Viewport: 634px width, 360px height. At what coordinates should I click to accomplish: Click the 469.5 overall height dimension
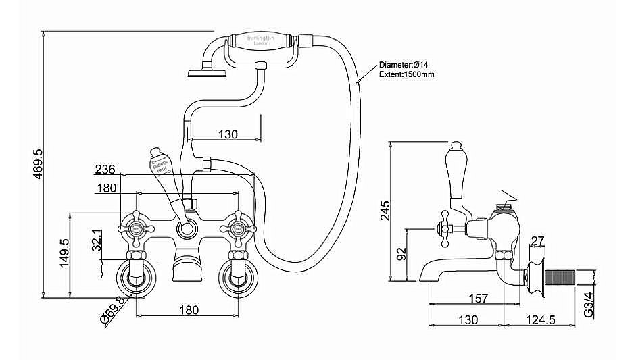coord(37,163)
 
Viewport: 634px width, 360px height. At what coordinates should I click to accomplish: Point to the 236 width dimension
coord(105,170)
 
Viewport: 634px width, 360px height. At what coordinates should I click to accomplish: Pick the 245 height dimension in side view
coord(385,210)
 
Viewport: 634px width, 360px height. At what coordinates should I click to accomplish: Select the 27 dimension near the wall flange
coord(538,241)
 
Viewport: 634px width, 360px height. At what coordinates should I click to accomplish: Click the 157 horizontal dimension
coord(479,298)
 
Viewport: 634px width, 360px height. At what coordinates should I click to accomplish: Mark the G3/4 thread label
coord(589,305)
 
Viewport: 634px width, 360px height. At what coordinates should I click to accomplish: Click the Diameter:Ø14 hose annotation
coord(404,64)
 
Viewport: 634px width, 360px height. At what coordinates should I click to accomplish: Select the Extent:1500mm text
coord(407,74)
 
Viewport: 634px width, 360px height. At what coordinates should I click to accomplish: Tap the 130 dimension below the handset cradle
coord(228,134)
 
